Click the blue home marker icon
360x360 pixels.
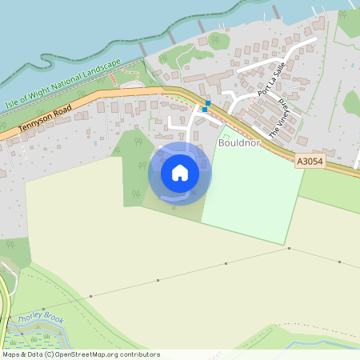pos(180,172)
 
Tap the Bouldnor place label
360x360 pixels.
pos(238,144)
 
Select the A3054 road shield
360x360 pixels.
pos(309,161)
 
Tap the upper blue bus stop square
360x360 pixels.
pos(207,103)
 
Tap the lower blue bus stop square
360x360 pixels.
pos(205,110)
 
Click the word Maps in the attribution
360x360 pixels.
pos(11,354)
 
